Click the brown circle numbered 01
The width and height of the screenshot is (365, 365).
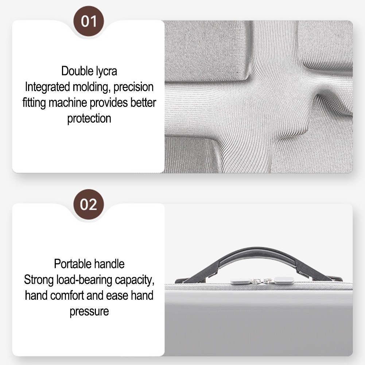[89, 21]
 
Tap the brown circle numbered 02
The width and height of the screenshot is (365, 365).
[89, 205]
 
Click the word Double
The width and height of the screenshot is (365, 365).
[76, 71]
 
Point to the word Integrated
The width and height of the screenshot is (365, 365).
[47, 87]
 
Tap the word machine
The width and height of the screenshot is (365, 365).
[68, 103]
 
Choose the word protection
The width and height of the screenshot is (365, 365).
[89, 119]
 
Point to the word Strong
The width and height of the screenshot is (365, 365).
[39, 280]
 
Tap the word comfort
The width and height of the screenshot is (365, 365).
[67, 295]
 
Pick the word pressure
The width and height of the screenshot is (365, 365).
[89, 312]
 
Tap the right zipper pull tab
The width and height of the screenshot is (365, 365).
[284, 280]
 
